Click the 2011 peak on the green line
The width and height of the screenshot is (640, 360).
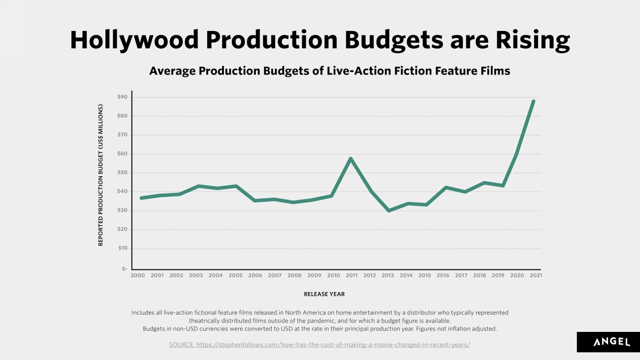click(x=351, y=158)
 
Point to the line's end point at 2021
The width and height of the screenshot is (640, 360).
click(x=533, y=101)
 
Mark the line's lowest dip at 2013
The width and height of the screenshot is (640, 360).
click(x=389, y=211)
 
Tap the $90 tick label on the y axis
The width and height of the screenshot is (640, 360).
click(x=122, y=97)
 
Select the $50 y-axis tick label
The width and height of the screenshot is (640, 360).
click(x=122, y=172)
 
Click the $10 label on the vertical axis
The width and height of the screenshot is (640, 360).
click(x=123, y=248)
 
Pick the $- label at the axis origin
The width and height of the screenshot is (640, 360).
click(x=124, y=268)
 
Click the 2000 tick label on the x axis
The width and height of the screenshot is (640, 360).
click(x=138, y=275)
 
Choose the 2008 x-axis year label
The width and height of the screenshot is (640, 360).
click(x=294, y=275)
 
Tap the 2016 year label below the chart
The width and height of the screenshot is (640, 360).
click(x=443, y=275)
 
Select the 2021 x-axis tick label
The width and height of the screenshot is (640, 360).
click(x=536, y=275)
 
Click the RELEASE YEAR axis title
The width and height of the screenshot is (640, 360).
click(x=324, y=294)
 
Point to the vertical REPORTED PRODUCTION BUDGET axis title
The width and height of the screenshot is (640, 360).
click(x=100, y=175)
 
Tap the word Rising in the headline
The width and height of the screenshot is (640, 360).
click(x=533, y=40)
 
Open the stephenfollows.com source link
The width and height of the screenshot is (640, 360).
click(x=320, y=345)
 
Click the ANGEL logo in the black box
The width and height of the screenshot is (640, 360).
click(x=612, y=342)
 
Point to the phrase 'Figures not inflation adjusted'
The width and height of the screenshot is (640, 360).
click(x=456, y=328)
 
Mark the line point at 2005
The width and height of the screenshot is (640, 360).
click(x=236, y=186)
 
